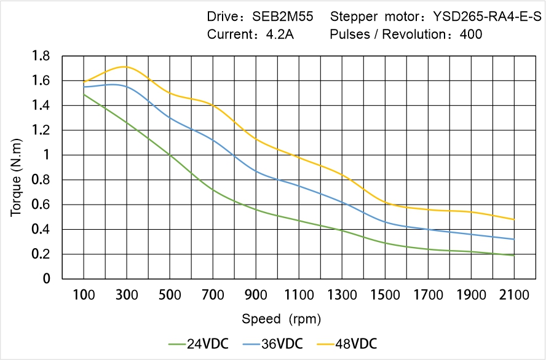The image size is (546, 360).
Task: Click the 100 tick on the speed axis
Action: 84,295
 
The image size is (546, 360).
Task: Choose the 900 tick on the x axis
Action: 256,295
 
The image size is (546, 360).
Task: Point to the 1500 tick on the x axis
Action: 385,295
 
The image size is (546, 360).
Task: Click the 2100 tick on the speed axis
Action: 514,295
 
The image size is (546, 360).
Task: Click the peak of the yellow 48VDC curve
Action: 125,66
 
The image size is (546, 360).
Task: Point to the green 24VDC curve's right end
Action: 514,255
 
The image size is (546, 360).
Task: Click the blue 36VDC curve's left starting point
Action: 84,87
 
